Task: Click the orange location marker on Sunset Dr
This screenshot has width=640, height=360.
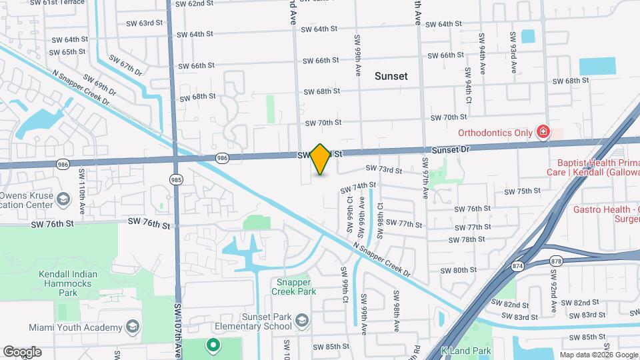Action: (321, 159)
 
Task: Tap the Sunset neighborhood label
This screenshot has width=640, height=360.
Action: (391, 76)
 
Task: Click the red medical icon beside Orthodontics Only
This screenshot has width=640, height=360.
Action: (543, 132)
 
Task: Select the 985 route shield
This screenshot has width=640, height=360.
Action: (176, 180)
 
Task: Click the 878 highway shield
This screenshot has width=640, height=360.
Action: (557, 254)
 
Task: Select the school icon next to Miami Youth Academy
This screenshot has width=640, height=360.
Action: (132, 327)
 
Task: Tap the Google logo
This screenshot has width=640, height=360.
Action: (22, 352)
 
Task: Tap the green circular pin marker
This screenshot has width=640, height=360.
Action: (213, 345)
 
